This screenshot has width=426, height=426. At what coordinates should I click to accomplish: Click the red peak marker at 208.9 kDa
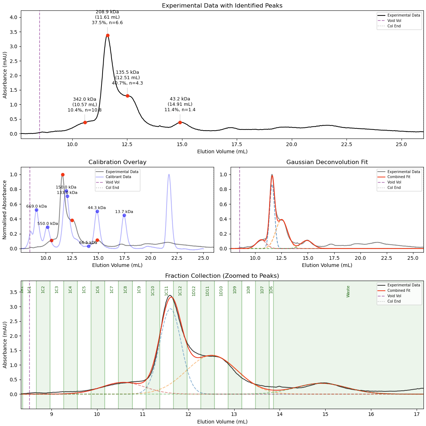(x=108, y=35)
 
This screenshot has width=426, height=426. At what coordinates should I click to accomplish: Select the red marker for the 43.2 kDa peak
(x=180, y=122)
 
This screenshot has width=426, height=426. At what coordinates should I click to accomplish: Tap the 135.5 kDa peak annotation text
(x=127, y=78)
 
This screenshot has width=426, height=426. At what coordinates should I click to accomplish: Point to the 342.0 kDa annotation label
(x=85, y=105)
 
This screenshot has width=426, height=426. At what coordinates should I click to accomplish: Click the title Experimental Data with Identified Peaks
(x=222, y=6)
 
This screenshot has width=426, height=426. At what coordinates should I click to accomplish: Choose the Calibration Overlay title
(x=117, y=162)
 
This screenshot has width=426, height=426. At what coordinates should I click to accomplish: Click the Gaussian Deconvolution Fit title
(x=327, y=162)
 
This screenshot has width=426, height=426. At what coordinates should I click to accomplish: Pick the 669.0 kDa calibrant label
(x=36, y=206)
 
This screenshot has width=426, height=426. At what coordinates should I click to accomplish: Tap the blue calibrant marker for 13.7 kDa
(x=124, y=215)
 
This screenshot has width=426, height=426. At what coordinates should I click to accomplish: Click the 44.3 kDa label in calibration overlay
(x=97, y=208)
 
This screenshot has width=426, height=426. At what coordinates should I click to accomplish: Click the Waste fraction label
(x=348, y=291)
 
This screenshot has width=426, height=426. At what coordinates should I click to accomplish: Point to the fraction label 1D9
(x=235, y=290)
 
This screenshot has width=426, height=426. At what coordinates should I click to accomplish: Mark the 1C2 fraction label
(x=43, y=290)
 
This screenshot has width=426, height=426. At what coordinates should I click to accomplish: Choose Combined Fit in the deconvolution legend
(x=399, y=177)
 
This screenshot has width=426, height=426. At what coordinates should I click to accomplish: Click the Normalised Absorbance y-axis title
(x=5, y=209)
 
